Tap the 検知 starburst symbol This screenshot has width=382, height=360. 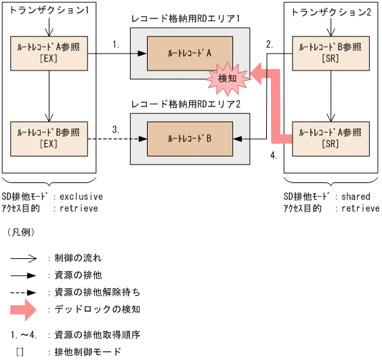point(228,79)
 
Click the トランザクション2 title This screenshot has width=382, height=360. point(326,11)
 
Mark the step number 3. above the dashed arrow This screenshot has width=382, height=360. point(116,128)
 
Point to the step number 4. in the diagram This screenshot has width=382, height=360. point(273,156)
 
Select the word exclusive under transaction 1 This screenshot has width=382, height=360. point(81,197)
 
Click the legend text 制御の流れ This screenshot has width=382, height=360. point(78,258)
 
